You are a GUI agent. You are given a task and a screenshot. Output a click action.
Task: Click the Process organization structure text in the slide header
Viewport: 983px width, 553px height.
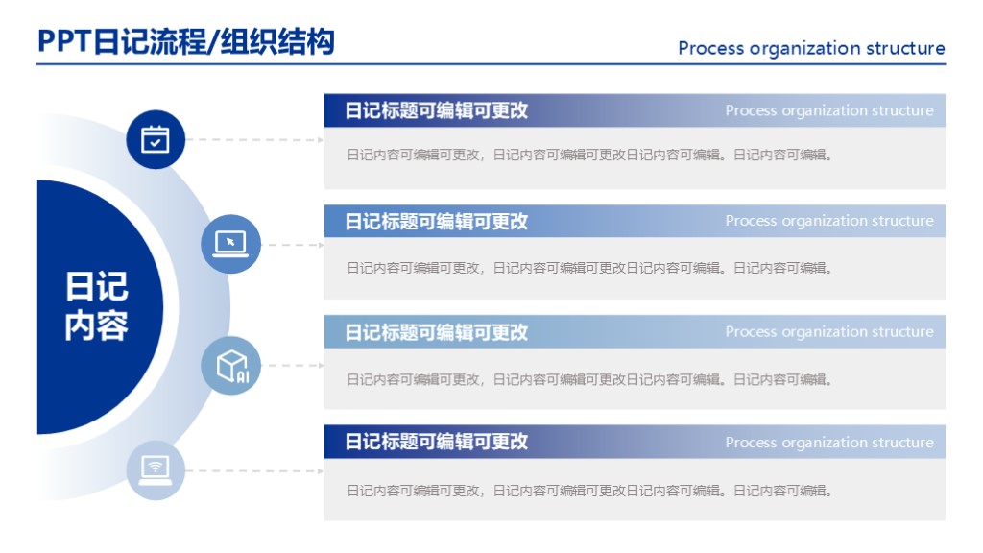[x=811, y=48]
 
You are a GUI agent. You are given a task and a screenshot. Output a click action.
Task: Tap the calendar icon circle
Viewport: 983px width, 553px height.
[x=156, y=140]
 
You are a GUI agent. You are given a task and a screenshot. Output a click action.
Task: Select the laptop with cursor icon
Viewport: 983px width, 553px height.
[x=230, y=244]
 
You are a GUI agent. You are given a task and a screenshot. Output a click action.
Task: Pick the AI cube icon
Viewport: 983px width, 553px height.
[x=230, y=366]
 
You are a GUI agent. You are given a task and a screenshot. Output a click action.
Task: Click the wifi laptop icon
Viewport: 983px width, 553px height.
[x=156, y=469]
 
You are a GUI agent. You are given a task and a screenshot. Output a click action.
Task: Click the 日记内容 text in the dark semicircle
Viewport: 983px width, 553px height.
[x=96, y=306]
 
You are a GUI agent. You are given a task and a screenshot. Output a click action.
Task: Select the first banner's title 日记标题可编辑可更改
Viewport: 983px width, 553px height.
[x=437, y=110]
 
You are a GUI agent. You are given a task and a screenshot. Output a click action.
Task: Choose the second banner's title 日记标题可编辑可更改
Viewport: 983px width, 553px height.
[x=437, y=222]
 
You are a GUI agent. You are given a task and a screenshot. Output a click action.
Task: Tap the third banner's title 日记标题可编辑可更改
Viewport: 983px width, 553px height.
[x=437, y=332]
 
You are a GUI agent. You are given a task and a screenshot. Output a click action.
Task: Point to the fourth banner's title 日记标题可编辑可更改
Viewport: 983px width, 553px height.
[x=437, y=442]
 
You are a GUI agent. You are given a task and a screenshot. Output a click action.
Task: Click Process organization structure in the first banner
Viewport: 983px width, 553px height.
[x=829, y=110]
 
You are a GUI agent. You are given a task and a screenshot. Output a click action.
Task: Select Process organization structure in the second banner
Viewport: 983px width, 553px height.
[x=829, y=221]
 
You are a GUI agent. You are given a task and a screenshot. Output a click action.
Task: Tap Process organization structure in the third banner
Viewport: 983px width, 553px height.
[x=829, y=332]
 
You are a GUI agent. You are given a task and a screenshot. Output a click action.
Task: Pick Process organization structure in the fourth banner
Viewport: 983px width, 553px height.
[x=829, y=443]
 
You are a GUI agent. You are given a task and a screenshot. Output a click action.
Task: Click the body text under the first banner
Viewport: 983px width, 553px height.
[x=589, y=155]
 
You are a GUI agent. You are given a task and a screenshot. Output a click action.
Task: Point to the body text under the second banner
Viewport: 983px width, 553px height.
[x=589, y=268]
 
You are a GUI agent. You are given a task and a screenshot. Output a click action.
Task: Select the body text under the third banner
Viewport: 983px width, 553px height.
[x=589, y=379]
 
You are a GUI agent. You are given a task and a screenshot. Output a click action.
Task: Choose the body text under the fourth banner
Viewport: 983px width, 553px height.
[x=589, y=491]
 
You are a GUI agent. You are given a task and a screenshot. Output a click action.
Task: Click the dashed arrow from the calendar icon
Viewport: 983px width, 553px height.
[x=254, y=140]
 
